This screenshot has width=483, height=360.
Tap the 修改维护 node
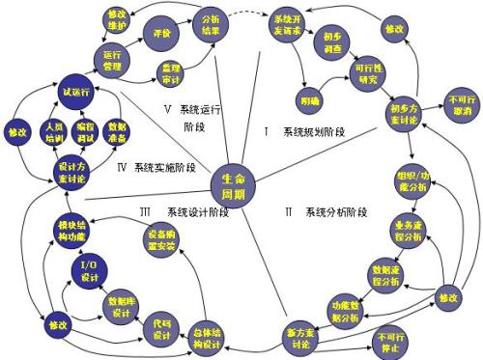(x=116, y=23)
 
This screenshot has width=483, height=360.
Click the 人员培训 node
(x=55, y=132)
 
